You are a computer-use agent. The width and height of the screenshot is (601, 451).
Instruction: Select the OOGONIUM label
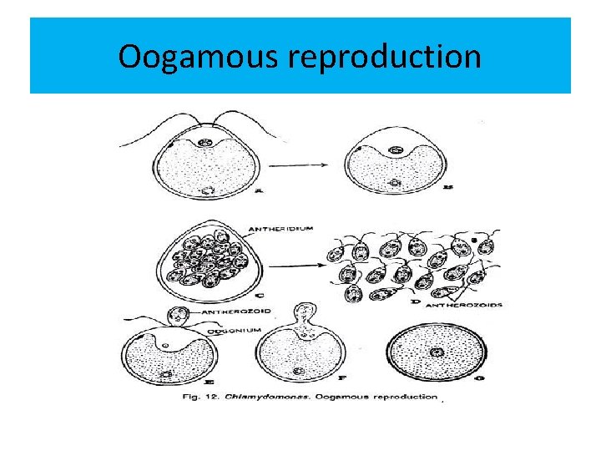pyautogui.click(x=236, y=332)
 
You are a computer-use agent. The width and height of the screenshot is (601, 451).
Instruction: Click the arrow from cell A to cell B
pyautogui.click(x=301, y=165)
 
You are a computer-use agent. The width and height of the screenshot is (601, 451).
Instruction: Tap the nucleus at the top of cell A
pyautogui.click(x=205, y=144)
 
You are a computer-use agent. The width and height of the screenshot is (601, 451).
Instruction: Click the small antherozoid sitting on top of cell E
pyautogui.click(x=176, y=316)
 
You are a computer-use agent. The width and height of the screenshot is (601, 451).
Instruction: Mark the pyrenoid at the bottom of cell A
pyautogui.click(x=206, y=190)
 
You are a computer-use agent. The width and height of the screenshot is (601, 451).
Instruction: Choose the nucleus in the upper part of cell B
pyautogui.click(x=396, y=150)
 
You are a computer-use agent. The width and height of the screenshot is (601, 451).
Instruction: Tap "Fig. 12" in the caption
pyautogui.click(x=201, y=397)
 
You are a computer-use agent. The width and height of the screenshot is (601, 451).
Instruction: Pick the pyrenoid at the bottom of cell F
pyautogui.click(x=299, y=371)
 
